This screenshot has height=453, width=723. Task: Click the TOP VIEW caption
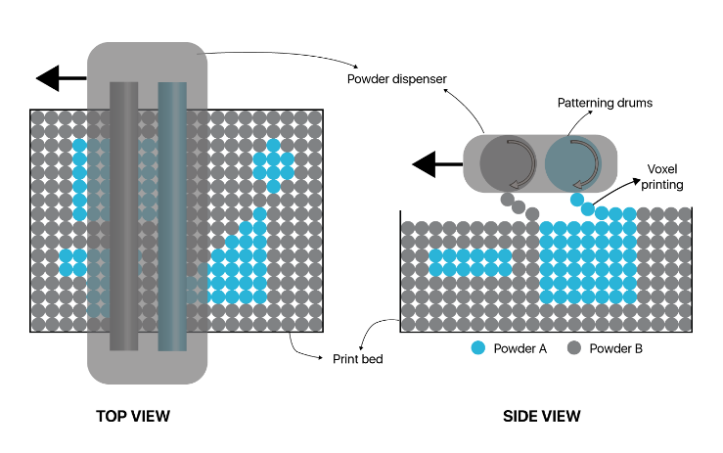(x=133, y=416)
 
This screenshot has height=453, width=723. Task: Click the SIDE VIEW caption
(x=541, y=416)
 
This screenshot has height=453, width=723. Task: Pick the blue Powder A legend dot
(x=477, y=347)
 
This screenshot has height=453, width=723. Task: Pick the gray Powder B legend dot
(x=574, y=347)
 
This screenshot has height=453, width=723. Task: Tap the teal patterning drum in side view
(x=570, y=161)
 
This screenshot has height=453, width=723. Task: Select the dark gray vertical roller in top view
(x=123, y=215)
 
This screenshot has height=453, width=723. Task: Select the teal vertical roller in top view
(x=172, y=215)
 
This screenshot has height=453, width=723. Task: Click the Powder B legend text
(x=615, y=348)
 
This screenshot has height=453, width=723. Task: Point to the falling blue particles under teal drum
(x=583, y=204)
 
